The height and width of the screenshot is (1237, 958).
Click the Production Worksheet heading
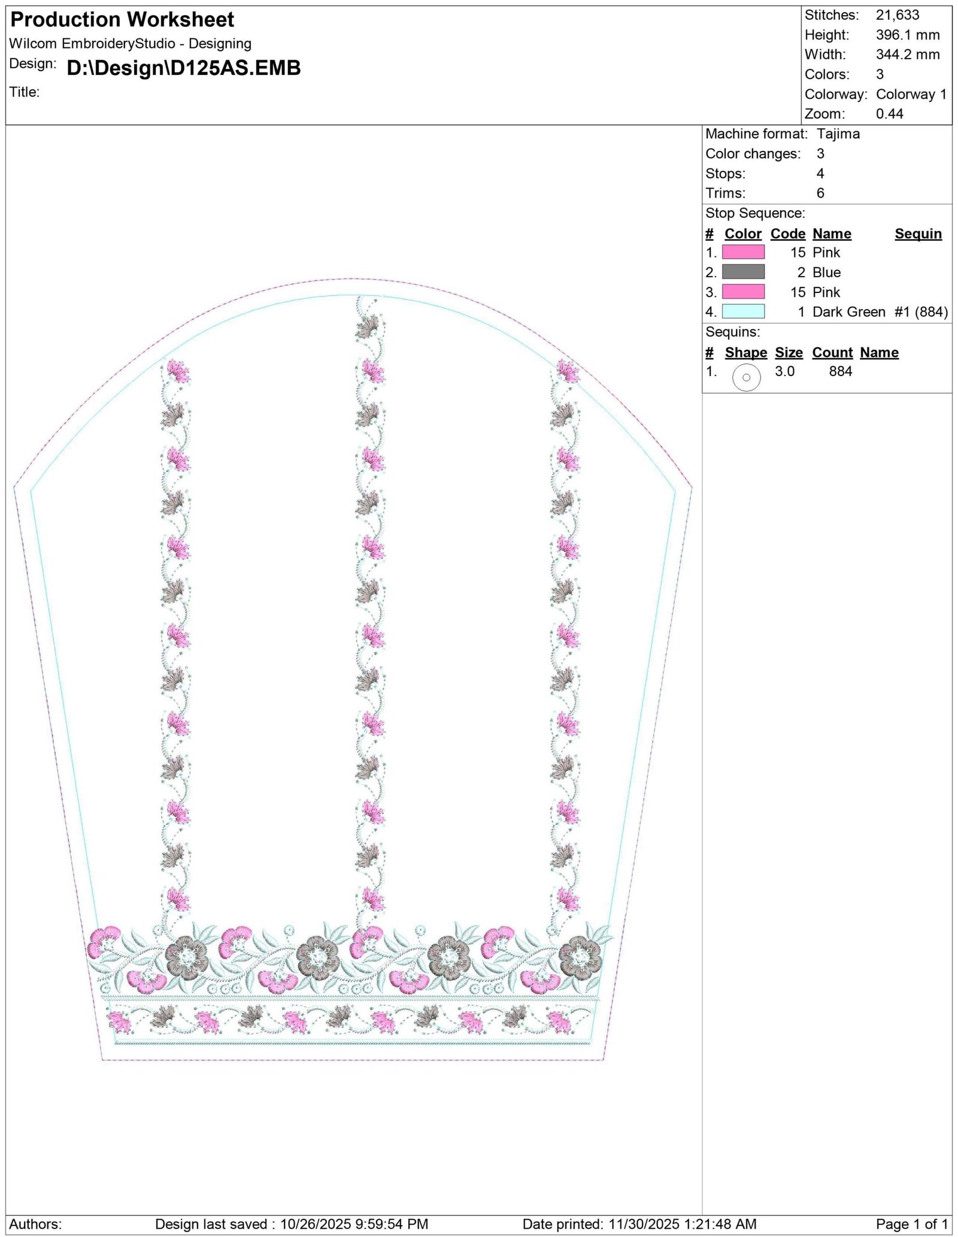[x=122, y=20]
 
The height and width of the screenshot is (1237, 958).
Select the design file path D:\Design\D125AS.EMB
[x=184, y=68]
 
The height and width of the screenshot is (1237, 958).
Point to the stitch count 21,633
[x=897, y=15]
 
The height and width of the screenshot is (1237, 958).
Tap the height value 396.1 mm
[x=908, y=35]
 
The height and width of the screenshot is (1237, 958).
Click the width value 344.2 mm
[x=908, y=55]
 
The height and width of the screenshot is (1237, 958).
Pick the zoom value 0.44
[x=890, y=114]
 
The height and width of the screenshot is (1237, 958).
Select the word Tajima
[x=838, y=134]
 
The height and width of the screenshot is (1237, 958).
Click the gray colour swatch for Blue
[x=743, y=272]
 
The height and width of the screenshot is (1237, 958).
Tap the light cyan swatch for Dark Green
[x=743, y=311]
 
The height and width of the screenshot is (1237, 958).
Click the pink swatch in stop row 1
[x=743, y=252]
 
